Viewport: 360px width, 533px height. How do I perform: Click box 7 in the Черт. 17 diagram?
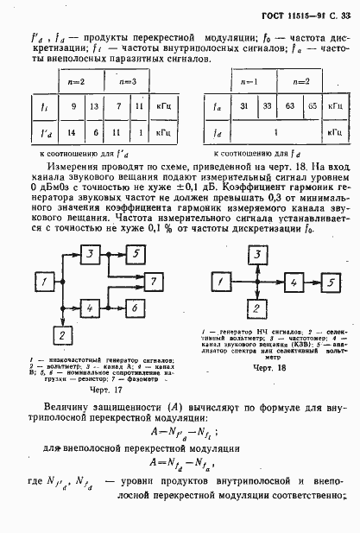[150, 282]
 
